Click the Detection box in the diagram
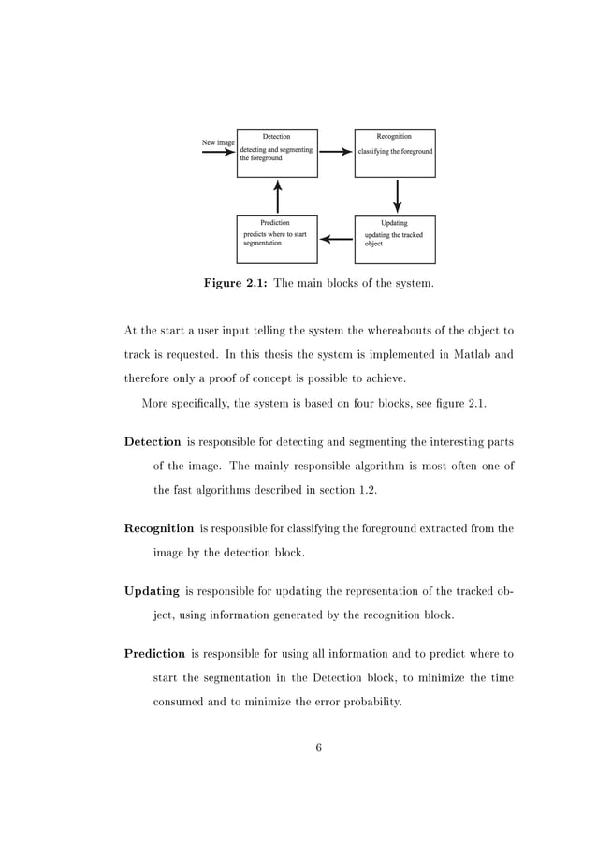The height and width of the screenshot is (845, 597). [277, 154]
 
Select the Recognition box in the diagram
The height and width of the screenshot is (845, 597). [395, 154]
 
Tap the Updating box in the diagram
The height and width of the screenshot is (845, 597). [395, 239]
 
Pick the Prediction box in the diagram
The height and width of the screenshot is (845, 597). [277, 239]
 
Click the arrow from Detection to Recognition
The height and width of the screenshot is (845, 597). [336, 151]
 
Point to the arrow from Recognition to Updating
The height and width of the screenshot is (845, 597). [398, 196]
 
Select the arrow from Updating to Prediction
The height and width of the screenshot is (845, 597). [336, 239]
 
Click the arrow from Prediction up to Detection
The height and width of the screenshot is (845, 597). [277, 196]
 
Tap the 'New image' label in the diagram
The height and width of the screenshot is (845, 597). [218, 142]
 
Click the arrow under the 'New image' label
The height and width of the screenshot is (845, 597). [218, 152]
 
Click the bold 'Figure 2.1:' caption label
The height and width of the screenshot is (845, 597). [235, 283]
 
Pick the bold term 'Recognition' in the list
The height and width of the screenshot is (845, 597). [159, 527]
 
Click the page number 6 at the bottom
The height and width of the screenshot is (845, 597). [319, 747]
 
